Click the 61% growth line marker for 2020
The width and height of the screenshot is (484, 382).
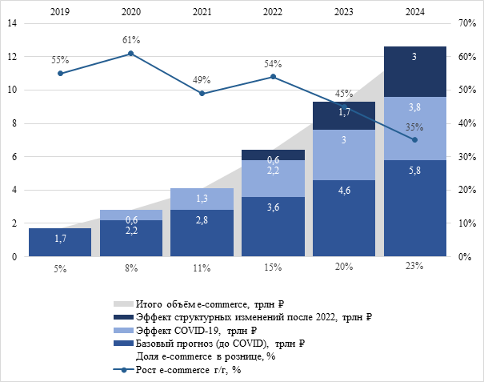pos(131,54)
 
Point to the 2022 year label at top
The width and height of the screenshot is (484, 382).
pos(273,12)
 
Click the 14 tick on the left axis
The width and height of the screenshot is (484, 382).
pos(12,23)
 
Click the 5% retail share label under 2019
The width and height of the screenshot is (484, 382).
pos(60,268)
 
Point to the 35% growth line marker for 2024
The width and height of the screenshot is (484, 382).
pos(414,140)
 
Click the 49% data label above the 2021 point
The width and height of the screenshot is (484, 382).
pos(202,79)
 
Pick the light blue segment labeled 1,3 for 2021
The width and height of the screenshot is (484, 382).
pos(202,199)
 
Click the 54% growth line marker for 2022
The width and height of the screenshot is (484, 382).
pos(273,77)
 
